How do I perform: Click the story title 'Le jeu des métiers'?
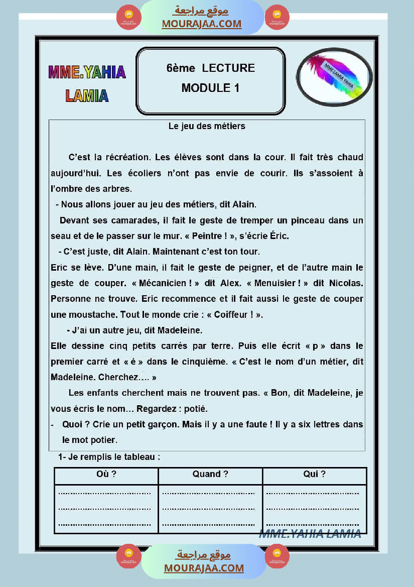click(x=207, y=126)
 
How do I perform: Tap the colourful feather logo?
click(x=333, y=75)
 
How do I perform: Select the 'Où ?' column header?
click(x=106, y=474)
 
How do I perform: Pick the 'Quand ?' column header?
click(x=210, y=474)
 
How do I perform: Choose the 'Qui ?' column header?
click(x=314, y=474)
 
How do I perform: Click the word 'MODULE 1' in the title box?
click(x=210, y=88)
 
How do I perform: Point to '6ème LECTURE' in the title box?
click(x=210, y=68)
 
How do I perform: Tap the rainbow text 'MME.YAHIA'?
click(x=87, y=72)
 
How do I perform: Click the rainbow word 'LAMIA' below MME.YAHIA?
click(x=87, y=95)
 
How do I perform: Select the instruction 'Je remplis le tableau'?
click(x=111, y=457)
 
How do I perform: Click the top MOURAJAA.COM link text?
click(x=201, y=24)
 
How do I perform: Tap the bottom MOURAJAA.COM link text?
click(x=204, y=568)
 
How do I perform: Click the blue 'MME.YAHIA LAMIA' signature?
click(x=310, y=534)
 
